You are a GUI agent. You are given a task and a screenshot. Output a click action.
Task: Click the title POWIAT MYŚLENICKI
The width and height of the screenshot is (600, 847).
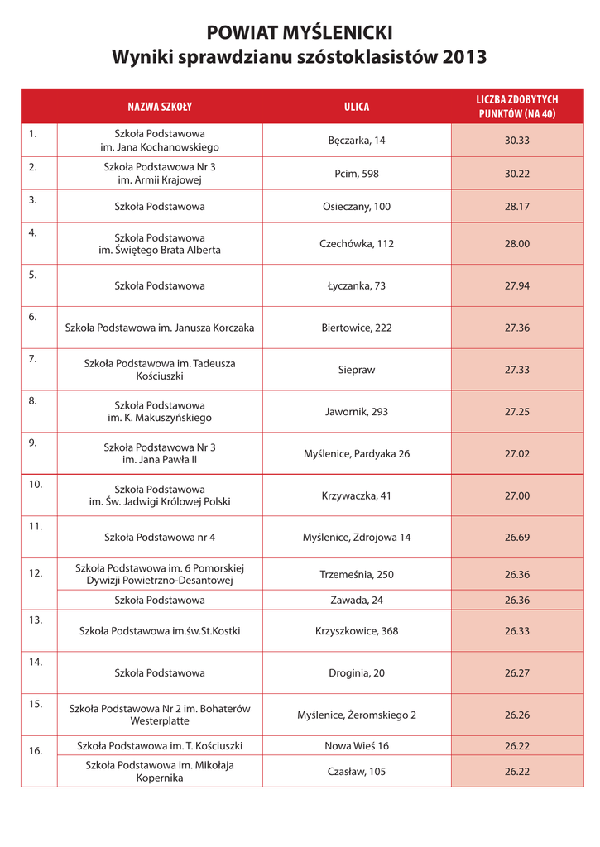(x=300, y=32)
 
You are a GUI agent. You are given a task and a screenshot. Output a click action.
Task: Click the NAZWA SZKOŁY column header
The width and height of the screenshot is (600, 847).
(x=160, y=107)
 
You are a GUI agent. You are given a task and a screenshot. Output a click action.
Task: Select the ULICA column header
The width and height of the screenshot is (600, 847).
(x=357, y=107)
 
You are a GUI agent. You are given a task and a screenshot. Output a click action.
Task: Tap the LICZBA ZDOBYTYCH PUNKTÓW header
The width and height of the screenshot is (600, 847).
(x=516, y=107)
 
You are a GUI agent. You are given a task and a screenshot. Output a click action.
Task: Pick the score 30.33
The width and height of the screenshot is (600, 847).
(x=516, y=141)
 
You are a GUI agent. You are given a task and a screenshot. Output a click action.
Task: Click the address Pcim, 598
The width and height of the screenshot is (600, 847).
(x=357, y=174)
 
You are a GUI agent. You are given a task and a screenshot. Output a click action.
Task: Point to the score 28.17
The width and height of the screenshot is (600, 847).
(x=516, y=206)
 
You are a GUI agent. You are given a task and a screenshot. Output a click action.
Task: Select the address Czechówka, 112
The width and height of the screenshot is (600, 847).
(x=357, y=244)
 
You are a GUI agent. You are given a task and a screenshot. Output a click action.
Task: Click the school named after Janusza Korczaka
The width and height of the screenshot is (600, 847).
(x=160, y=328)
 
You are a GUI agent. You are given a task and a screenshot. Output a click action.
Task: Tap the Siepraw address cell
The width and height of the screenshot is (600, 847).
(x=357, y=370)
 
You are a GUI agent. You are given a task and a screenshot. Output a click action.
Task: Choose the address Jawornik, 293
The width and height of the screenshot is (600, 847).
(x=357, y=411)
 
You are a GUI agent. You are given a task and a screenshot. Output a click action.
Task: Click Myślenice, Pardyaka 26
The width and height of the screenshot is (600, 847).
(x=357, y=453)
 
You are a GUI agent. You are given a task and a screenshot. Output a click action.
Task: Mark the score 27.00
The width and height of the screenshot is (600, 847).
(x=516, y=495)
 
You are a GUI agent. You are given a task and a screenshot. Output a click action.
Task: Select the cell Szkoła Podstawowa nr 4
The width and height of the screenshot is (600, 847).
(x=160, y=537)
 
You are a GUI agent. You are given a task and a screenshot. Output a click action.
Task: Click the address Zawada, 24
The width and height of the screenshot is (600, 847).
(x=357, y=600)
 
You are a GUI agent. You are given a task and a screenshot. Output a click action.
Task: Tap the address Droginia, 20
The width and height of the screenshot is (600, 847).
(x=357, y=673)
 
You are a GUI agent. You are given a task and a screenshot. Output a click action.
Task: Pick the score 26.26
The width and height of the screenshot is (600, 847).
(x=516, y=715)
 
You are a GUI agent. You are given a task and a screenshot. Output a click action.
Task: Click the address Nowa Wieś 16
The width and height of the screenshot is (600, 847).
(x=357, y=746)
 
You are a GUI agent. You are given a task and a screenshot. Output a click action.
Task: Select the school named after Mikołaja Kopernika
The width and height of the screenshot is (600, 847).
(x=160, y=772)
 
